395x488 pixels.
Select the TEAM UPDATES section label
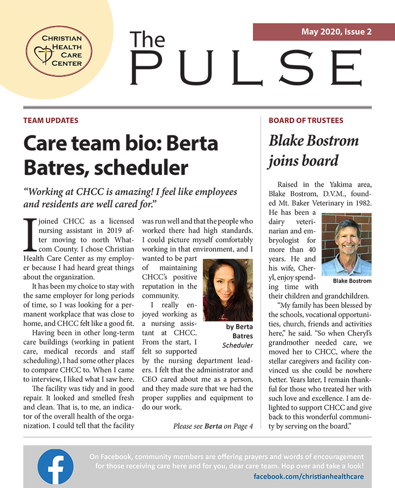[51, 120]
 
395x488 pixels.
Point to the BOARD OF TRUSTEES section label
[306, 120]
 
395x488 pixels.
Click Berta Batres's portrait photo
[228, 290]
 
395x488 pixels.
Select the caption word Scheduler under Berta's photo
[237, 345]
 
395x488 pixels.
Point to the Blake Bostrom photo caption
[352, 281]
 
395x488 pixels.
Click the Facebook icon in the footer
[55, 466]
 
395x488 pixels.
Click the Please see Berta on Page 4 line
[213, 425]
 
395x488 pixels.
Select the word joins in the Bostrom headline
[284, 161]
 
